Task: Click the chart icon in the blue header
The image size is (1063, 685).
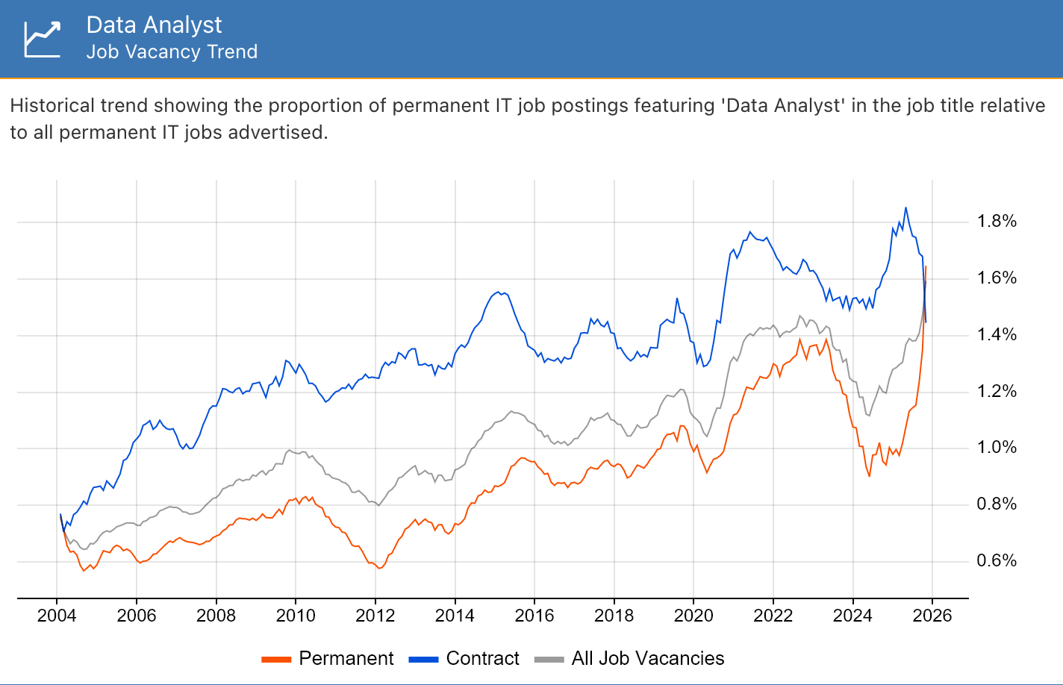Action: (42, 39)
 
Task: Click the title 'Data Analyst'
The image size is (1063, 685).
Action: (154, 25)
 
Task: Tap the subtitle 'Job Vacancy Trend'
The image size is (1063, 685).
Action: (172, 51)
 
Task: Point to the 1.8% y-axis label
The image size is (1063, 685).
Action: (997, 221)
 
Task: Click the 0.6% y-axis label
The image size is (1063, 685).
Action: (997, 560)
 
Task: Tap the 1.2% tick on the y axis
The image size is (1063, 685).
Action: (997, 391)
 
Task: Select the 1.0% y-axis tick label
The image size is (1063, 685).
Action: (997, 447)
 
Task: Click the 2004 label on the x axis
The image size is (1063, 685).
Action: (57, 616)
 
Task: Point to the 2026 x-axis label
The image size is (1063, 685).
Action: (932, 616)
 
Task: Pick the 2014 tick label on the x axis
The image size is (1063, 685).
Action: (455, 616)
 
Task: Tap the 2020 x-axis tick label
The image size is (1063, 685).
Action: (693, 616)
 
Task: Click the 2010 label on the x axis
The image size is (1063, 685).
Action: (296, 616)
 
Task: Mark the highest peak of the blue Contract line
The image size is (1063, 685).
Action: (905, 208)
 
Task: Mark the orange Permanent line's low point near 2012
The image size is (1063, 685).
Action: (379, 569)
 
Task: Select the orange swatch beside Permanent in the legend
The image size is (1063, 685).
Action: (276, 659)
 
